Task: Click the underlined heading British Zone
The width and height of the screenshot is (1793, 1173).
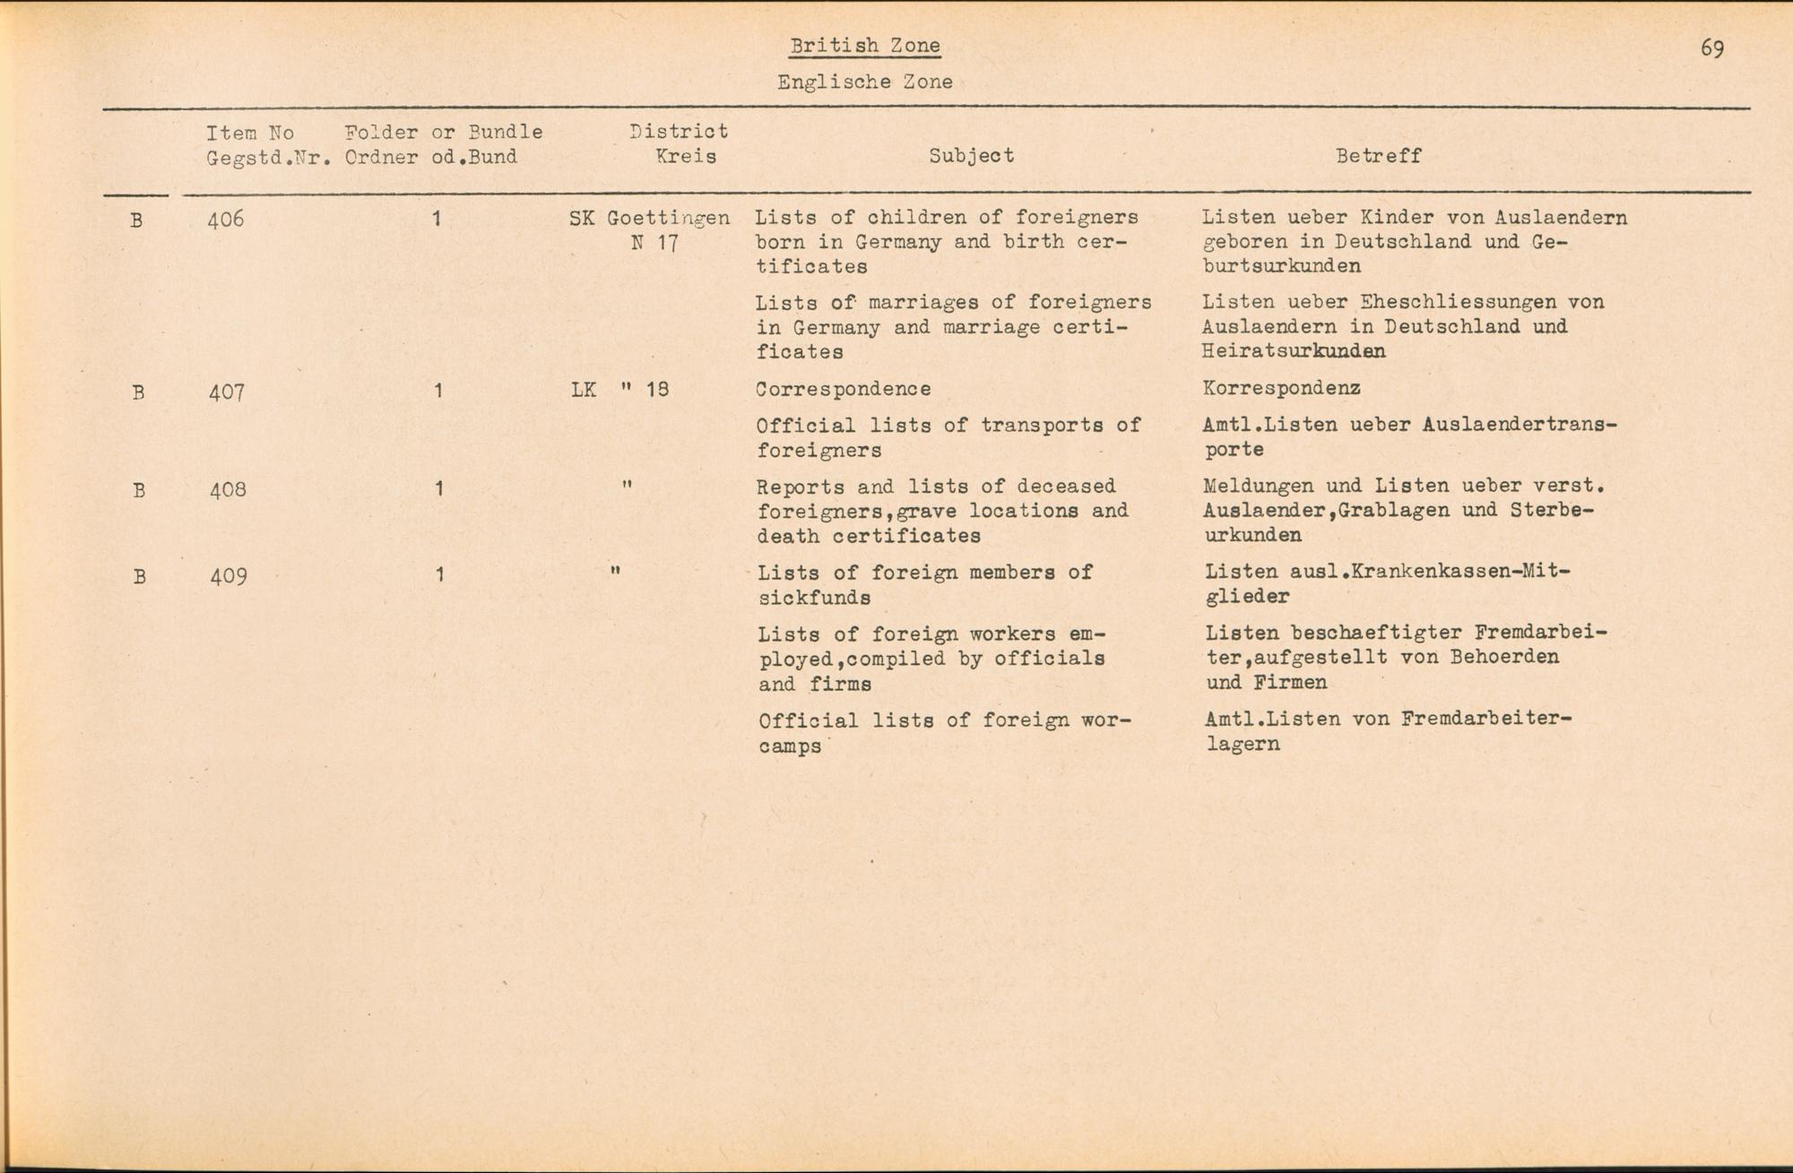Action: coord(865,46)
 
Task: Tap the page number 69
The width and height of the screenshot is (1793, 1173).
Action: coord(1711,48)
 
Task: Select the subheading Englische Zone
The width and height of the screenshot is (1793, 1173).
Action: coord(864,82)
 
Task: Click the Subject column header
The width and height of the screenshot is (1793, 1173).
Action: coord(971,155)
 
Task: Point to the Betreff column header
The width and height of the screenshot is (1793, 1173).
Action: coord(1378,156)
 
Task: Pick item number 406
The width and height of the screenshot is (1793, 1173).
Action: coord(225,219)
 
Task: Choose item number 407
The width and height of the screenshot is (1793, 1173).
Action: coord(226,392)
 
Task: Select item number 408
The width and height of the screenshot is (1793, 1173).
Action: coord(228,489)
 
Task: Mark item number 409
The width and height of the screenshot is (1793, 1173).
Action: coord(229,575)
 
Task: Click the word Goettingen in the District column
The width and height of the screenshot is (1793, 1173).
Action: coord(668,218)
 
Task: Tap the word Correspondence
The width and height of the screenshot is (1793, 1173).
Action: coord(843,389)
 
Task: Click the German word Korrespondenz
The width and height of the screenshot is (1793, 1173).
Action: coord(1281,388)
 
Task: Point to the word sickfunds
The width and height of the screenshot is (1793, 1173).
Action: coord(814,597)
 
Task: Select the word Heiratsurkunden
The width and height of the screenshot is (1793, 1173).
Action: coord(1293,351)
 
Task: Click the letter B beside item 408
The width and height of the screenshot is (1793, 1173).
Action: coord(139,490)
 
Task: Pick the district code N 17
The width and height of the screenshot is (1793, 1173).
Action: coord(654,243)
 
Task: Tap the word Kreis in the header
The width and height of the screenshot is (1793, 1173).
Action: coord(686,156)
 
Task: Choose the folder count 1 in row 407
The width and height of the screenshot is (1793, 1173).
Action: coord(437,391)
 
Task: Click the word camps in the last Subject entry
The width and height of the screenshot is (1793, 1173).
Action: coord(789,746)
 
